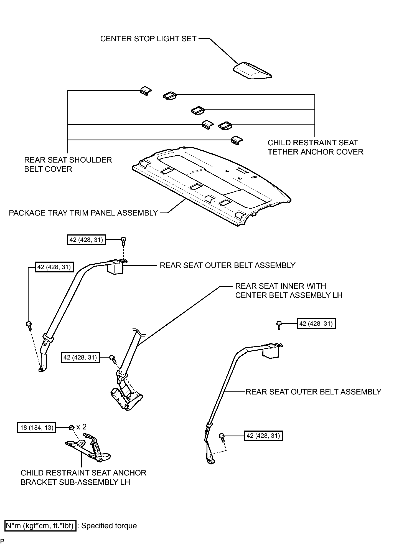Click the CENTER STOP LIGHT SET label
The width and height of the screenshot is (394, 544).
(x=148, y=39)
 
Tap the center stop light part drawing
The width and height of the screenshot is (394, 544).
(x=252, y=71)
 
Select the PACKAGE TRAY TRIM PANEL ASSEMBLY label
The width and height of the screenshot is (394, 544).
(x=83, y=213)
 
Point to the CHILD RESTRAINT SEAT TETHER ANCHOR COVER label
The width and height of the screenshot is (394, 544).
(x=316, y=147)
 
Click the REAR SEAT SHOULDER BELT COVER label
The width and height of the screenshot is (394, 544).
(x=68, y=165)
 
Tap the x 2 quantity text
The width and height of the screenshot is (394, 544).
(x=81, y=427)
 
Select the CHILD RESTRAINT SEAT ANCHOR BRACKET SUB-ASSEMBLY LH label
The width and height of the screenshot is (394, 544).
(x=83, y=477)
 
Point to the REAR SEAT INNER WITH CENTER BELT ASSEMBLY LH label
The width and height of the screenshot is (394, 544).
(x=289, y=290)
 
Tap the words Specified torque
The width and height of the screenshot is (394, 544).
(x=109, y=526)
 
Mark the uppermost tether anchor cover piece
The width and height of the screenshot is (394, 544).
(x=170, y=96)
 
